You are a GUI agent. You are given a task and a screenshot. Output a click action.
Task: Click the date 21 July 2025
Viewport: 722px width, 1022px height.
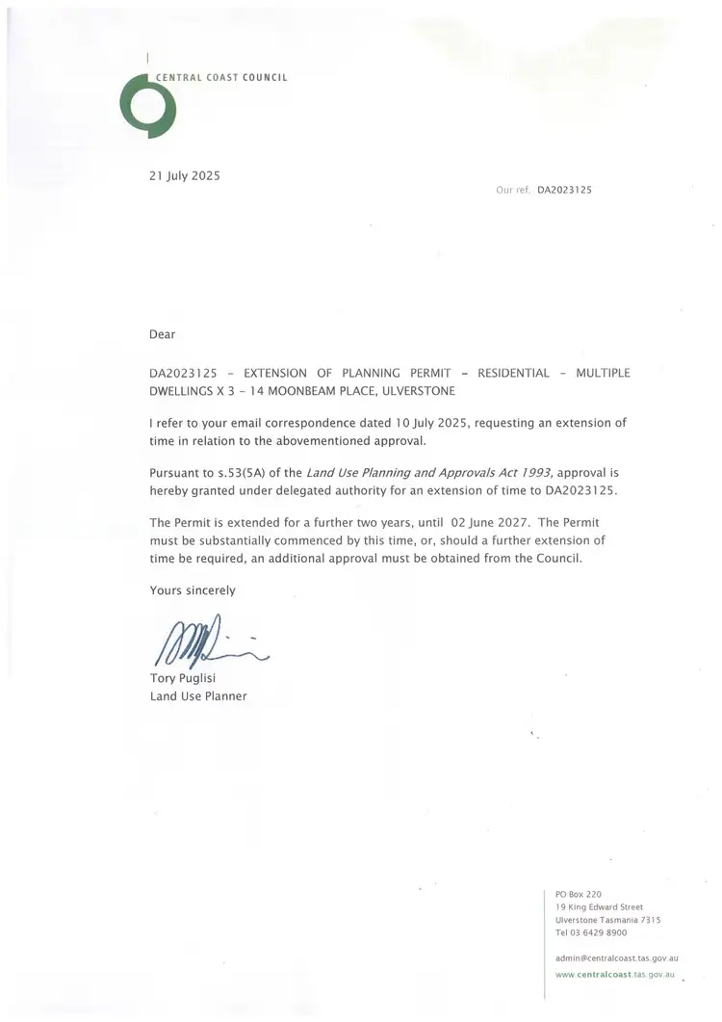pos(185,175)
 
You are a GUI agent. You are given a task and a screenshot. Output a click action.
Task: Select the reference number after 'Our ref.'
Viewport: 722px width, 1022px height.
pos(564,191)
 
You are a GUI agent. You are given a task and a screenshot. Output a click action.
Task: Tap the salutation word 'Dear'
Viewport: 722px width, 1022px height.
pos(164,334)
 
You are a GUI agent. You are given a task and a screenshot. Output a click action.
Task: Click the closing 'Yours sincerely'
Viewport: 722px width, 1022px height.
pos(193,590)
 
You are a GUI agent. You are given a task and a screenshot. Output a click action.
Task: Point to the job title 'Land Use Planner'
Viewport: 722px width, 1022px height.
pos(198,695)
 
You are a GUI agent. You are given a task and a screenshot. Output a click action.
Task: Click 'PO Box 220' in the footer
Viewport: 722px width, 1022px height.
pos(579,894)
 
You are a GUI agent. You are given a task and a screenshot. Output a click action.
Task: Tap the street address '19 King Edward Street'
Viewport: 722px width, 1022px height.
pos(599,906)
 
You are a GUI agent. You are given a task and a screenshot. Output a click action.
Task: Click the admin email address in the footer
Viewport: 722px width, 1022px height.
pos(617,958)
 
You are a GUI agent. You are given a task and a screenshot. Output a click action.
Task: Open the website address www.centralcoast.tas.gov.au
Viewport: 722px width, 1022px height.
pos(617,975)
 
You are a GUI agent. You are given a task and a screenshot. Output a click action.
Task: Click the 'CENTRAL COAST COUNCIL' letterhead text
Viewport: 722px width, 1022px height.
pos(221,77)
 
